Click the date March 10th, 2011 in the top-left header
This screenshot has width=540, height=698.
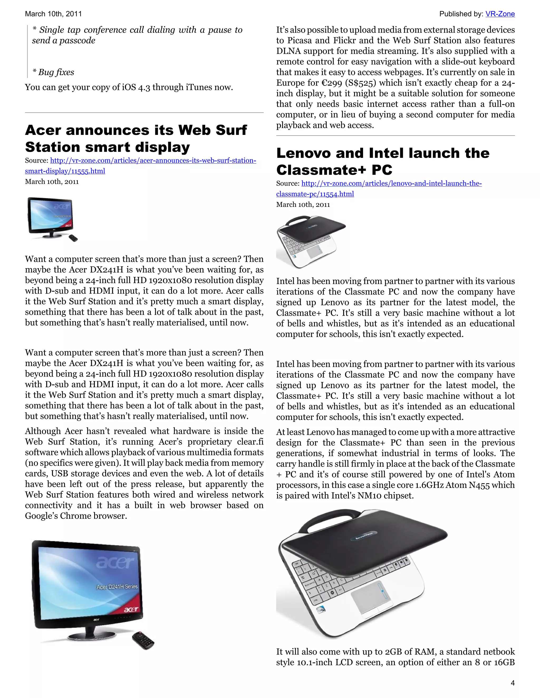(x=53, y=14)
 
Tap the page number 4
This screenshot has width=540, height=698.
(x=513, y=683)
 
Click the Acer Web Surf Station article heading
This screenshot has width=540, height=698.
(x=136, y=138)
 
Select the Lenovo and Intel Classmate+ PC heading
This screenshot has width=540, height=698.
(x=383, y=162)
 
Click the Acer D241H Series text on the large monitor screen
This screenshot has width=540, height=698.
(x=117, y=586)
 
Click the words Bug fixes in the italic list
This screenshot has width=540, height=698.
(x=56, y=72)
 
